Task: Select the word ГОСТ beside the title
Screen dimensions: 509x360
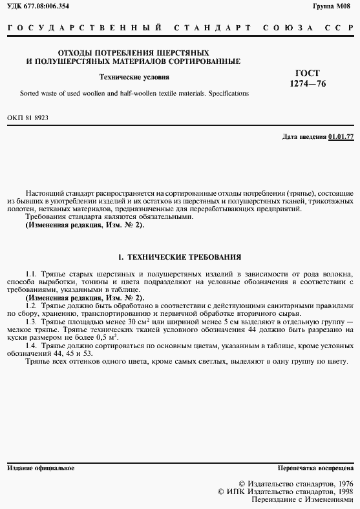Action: tap(308, 73)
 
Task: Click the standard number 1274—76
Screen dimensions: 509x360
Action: tap(308, 84)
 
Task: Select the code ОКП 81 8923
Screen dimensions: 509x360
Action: tap(27, 118)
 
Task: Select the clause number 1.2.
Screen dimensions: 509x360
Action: tap(32, 305)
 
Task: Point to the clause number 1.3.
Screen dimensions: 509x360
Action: tap(32, 321)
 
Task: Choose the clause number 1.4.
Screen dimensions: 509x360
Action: tap(32, 346)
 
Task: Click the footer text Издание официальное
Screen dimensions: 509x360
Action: tap(40, 467)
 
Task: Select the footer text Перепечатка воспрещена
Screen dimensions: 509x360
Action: tap(315, 467)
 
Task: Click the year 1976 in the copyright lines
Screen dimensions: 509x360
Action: tap(341, 483)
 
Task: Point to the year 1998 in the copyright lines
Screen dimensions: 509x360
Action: tap(341, 491)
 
